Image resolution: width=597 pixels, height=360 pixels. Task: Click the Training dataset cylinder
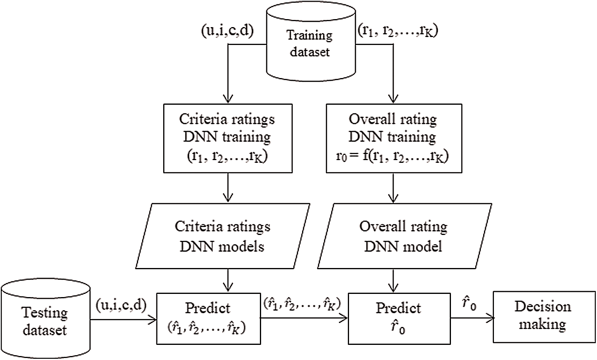[310, 44]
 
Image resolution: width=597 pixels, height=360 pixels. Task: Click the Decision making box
[542, 316]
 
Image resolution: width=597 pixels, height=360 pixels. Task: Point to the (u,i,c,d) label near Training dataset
[228, 31]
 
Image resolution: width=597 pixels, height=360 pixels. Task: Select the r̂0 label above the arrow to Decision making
[469, 303]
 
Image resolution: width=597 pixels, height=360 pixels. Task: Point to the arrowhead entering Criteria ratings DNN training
[228, 100]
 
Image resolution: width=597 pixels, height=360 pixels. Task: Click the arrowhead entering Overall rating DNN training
[393, 100]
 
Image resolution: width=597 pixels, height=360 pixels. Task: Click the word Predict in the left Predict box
[208, 308]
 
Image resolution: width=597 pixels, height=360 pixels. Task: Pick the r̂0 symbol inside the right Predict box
[398, 328]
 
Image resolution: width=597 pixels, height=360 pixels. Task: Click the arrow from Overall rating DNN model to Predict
[393, 281]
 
